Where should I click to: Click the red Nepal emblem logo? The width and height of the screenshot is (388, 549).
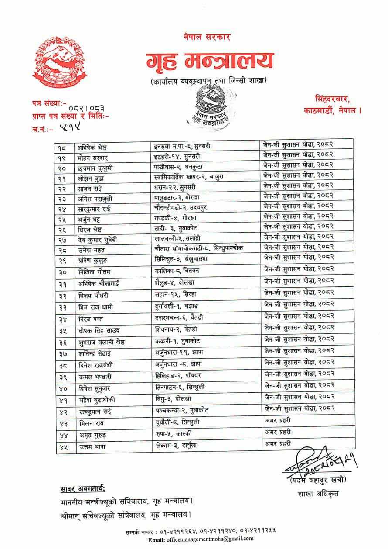59,62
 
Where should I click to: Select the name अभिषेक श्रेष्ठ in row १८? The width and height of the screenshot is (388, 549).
94,146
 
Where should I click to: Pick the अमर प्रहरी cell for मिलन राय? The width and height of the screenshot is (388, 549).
278,421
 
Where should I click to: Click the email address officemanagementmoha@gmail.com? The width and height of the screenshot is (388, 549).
205,539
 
